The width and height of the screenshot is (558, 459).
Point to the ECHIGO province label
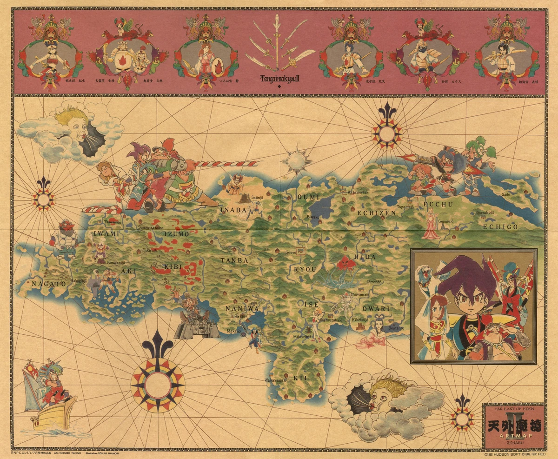(x=500, y=226)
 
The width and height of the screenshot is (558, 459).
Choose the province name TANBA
(x=234, y=260)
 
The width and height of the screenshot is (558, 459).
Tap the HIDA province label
(x=365, y=256)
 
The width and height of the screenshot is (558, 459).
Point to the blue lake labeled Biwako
(x=321, y=205)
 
